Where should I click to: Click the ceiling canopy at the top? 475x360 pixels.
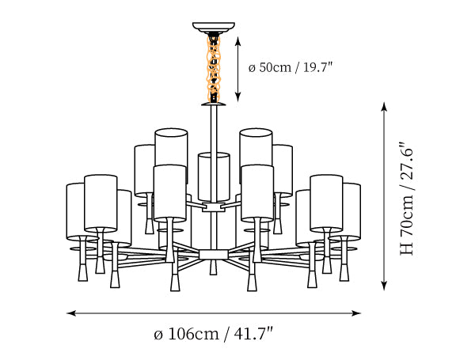click(x=214, y=27)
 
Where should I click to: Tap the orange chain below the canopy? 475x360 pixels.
click(x=214, y=68)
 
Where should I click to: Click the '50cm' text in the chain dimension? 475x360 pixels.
click(x=275, y=67)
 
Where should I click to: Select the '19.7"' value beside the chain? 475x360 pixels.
click(x=317, y=67)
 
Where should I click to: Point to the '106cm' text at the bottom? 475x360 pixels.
click(x=193, y=334)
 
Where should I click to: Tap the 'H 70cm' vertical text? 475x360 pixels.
click(x=407, y=225)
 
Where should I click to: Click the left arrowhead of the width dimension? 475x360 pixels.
click(x=70, y=313)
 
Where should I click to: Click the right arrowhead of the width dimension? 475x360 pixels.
click(x=357, y=313)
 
